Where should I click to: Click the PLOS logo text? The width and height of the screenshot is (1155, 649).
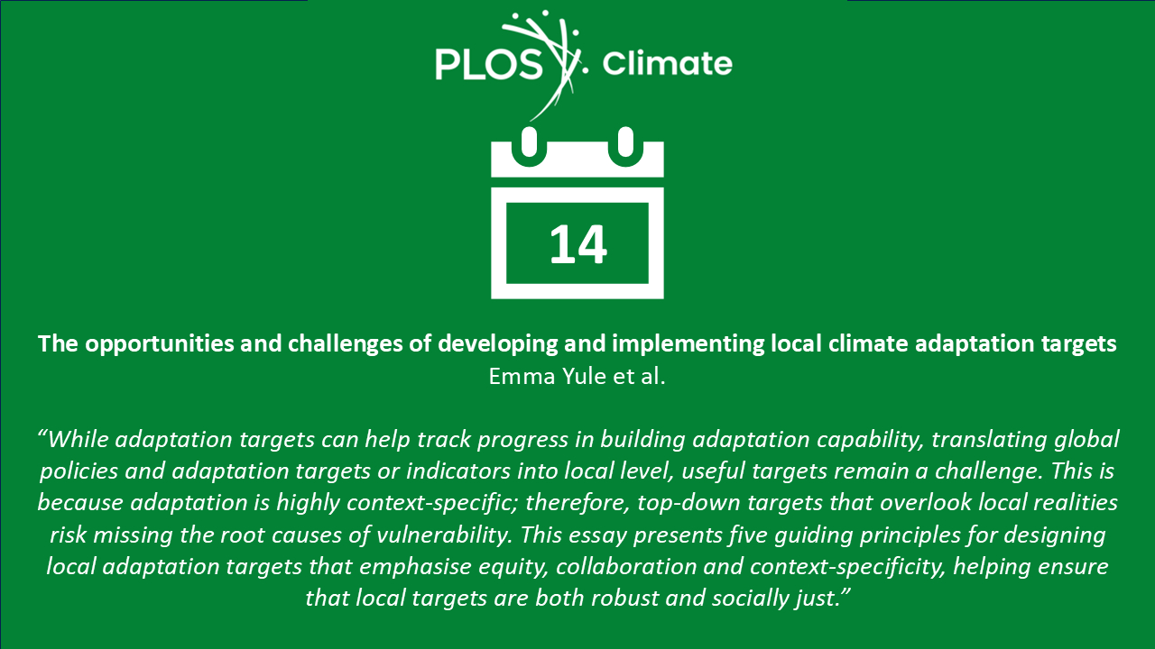[489, 65]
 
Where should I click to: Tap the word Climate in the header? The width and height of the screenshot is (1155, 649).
[667, 63]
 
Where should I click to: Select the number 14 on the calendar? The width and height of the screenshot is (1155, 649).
[578, 244]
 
